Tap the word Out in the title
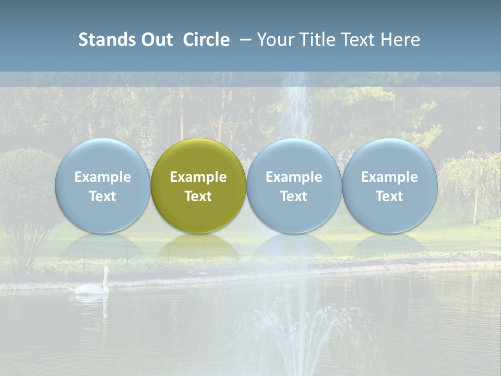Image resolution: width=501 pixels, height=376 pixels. pos(157,40)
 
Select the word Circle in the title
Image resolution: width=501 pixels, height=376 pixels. pos(206,40)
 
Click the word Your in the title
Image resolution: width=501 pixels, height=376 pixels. pos(275,40)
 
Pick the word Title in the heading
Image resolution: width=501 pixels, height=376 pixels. pos(316,40)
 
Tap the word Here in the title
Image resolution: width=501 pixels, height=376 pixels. pos(400,40)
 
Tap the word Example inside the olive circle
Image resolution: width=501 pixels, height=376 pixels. pos(198,177)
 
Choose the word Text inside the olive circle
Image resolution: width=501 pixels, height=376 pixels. pos(198,196)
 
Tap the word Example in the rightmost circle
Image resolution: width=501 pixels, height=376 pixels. pos(390,177)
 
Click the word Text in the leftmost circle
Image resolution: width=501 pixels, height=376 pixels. pos(102,196)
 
